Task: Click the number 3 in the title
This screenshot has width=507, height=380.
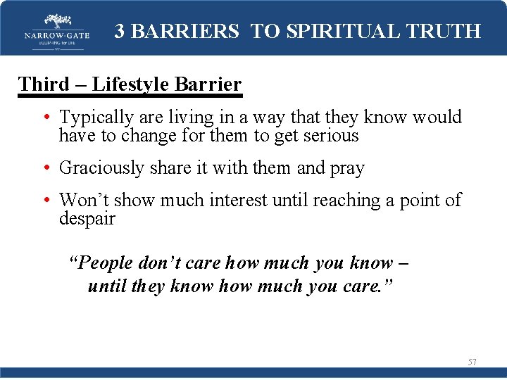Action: coord(120,31)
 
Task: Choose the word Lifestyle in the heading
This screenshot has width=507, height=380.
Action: coord(133,84)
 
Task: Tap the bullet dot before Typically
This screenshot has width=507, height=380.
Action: coord(46,118)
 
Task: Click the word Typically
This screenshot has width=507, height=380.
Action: coord(91,117)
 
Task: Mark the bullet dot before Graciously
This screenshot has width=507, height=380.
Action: coord(46,169)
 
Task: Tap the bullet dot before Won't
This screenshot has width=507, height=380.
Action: coord(46,201)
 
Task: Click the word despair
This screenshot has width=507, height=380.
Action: coord(87,218)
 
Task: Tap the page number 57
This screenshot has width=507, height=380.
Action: coord(472,362)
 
